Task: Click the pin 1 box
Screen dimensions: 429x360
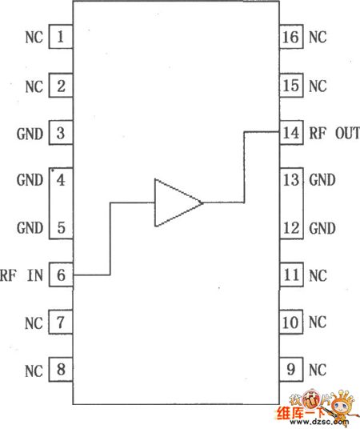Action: tap(61, 37)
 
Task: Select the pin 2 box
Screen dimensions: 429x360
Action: tap(61, 84)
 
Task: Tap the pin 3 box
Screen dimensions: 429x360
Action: tap(61, 132)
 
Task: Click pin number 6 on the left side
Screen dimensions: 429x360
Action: tap(61, 275)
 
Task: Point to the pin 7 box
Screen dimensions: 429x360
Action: tap(61, 323)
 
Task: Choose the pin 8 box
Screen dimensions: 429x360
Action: tap(61, 371)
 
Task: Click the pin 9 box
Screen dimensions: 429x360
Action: tap(291, 371)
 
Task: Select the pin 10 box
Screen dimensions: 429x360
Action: tap(291, 323)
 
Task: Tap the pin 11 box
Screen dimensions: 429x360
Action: tap(291, 275)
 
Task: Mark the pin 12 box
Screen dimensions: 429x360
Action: tap(291, 227)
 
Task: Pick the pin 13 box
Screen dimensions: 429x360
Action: tap(291, 179)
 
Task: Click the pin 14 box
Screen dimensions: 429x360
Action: tap(291, 132)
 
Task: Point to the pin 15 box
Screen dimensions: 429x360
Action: tap(291, 84)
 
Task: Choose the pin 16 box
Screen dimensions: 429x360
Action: tap(291, 37)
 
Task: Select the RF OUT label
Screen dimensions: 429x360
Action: tap(334, 133)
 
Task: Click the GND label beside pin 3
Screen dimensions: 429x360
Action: tap(30, 133)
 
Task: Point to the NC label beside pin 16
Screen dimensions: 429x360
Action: tap(318, 37)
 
